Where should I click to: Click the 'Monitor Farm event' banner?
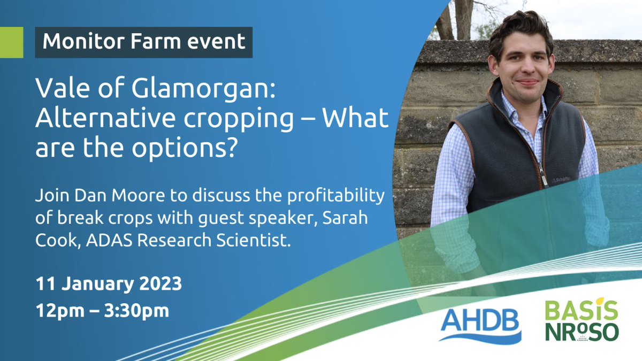[x=143, y=41]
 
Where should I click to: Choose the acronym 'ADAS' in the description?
[x=100, y=242]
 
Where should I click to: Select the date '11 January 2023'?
[x=109, y=283]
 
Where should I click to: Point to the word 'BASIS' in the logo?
[x=581, y=311]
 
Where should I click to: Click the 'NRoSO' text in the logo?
[x=581, y=332]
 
